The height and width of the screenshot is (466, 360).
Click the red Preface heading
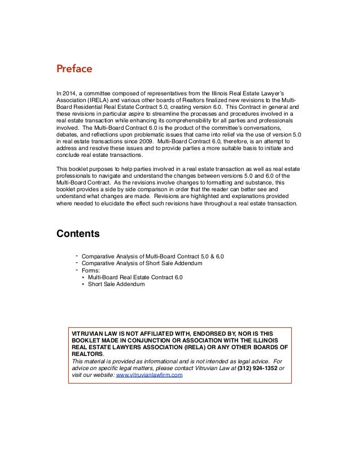(73, 69)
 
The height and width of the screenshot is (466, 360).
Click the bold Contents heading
(78, 233)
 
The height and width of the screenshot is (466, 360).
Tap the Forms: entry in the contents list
(92, 270)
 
